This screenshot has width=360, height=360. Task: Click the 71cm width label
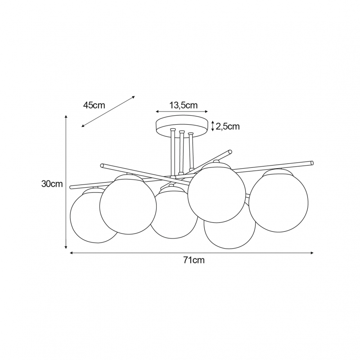click(194, 260)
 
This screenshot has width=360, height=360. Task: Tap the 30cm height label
click(52, 184)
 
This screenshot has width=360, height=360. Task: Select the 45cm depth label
click(94, 105)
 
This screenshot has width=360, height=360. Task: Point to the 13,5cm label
click(184, 105)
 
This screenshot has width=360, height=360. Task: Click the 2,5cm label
click(228, 126)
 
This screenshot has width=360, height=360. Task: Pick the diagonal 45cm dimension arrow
click(108, 111)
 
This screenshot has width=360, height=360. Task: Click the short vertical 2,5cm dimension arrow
click(212, 126)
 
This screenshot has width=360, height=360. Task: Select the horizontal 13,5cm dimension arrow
click(182, 112)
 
